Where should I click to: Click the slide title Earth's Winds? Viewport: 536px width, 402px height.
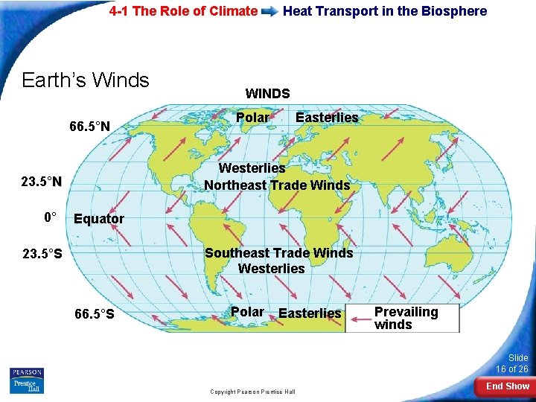(86, 80)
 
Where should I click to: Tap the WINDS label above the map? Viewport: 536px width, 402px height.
(268, 94)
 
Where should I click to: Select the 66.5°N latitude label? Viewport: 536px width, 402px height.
(89, 127)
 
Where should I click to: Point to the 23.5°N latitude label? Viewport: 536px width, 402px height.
(42, 182)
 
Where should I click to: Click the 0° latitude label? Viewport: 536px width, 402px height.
(50, 217)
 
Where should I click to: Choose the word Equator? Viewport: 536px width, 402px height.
(99, 219)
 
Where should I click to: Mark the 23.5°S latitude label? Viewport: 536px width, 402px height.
(42, 254)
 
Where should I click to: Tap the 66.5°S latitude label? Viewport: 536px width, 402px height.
(95, 314)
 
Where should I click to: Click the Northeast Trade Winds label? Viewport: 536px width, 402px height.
(277, 185)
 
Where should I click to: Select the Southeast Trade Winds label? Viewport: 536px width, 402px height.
(278, 253)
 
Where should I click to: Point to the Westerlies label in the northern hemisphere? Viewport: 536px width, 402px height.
(252, 168)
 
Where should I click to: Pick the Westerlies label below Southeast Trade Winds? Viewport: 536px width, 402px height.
(271, 269)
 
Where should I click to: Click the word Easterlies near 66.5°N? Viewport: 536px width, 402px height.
(327, 118)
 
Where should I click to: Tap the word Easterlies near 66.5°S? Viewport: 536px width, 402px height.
(310, 313)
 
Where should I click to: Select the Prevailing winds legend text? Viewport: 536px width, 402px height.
(406, 318)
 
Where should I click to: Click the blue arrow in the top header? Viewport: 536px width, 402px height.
(270, 12)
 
